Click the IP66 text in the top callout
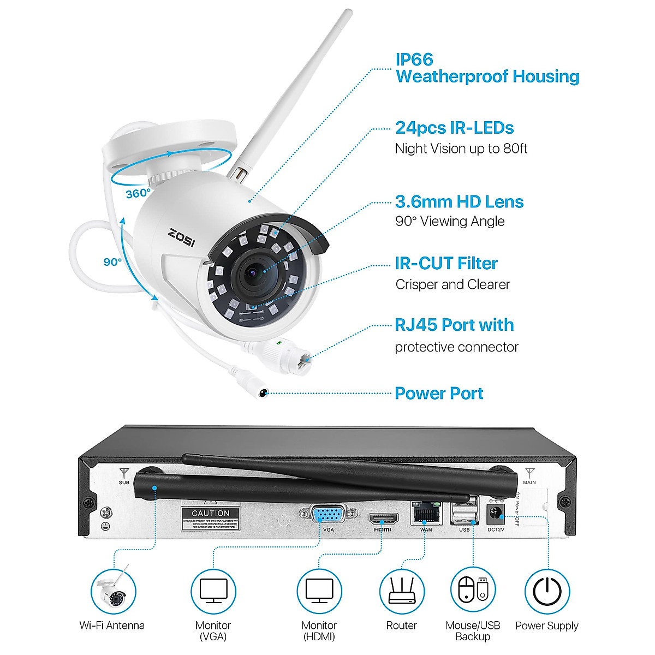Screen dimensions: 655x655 414,59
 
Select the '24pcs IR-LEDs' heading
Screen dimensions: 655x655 454,128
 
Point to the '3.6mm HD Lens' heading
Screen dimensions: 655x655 459,202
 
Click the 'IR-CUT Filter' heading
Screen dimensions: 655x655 446,264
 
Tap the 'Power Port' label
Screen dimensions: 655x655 439,394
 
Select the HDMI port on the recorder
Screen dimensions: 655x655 383,517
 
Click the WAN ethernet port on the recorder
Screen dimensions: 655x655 426,513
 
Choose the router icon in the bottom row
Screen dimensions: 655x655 402,591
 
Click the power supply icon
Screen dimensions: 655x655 547,591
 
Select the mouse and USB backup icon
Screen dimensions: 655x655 473,591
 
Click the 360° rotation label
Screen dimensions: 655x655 138,193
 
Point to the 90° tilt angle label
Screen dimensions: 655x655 113,262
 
